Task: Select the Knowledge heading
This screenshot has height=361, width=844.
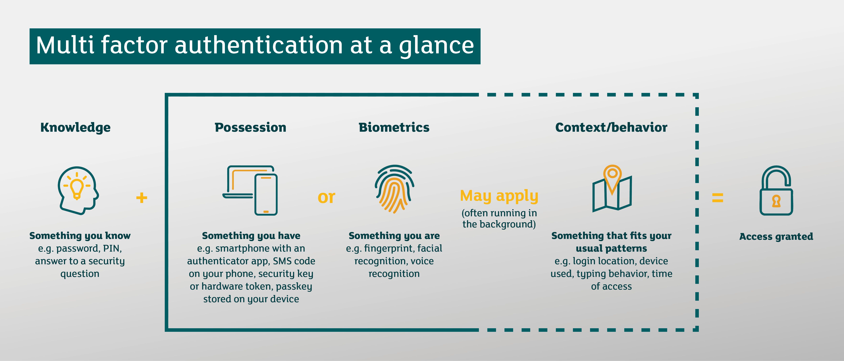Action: point(75,127)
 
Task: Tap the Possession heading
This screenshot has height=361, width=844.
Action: point(250,127)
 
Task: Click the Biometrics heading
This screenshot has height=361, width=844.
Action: point(394,127)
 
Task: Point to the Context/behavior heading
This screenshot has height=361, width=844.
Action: point(611,127)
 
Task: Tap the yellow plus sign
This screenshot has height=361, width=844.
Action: point(142,198)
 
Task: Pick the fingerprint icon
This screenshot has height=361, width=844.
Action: point(394,189)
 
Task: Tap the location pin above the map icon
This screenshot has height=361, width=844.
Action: point(612,175)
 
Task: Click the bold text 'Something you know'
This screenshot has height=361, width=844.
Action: point(80,236)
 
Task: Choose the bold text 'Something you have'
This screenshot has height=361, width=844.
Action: point(251,236)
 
